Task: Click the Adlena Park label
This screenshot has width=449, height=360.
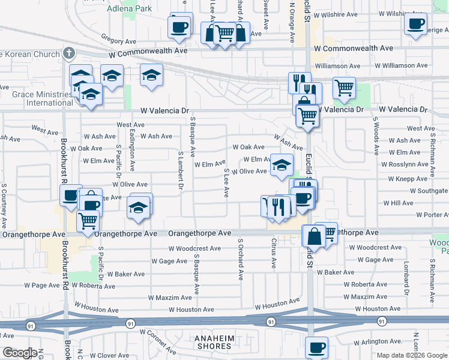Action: tap(129, 9)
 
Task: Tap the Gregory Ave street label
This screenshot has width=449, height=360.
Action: tap(119, 41)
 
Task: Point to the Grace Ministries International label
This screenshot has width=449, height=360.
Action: tap(41, 98)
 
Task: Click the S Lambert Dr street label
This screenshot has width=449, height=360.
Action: tap(180, 170)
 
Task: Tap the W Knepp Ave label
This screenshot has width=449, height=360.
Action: tap(408, 179)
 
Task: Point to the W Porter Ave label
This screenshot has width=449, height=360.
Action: tap(428, 215)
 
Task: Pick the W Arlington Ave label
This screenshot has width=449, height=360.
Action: tap(377, 343)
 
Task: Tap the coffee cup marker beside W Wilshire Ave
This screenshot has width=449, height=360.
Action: tap(415, 24)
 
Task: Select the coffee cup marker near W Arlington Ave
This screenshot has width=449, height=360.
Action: tap(316, 347)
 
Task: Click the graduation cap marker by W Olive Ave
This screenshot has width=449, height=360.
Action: tap(281, 165)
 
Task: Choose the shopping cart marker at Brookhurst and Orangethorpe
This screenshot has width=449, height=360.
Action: tap(88, 221)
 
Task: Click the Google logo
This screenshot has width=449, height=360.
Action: tap(19, 353)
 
